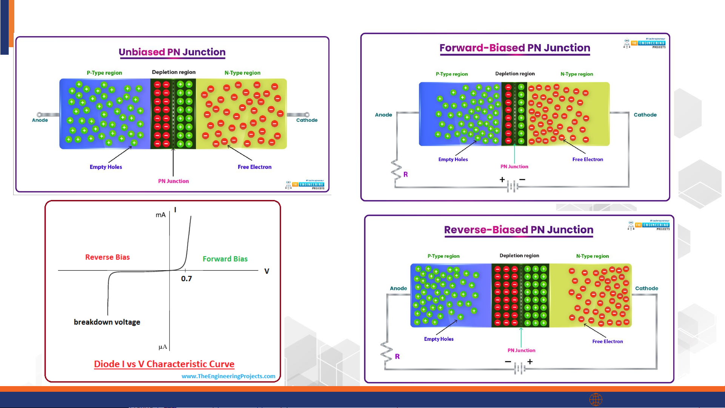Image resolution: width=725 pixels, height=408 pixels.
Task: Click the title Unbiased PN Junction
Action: [x=172, y=52]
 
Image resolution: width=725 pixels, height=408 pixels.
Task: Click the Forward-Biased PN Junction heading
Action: [x=515, y=48]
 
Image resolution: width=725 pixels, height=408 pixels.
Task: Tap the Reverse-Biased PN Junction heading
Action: [x=519, y=230]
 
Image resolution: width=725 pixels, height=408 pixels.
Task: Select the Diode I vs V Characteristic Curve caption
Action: [x=164, y=364]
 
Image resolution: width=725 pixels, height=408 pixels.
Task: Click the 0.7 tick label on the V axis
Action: [x=186, y=279]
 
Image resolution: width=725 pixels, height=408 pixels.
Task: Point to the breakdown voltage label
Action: [x=107, y=322]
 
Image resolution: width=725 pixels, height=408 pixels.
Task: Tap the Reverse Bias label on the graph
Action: [x=107, y=257]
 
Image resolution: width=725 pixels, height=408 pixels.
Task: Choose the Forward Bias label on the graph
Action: [x=225, y=259]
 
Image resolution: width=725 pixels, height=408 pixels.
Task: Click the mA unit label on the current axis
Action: [x=161, y=215]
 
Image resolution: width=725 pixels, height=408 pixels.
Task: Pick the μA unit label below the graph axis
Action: [x=163, y=347]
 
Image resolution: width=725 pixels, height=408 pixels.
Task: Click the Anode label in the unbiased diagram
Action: [x=40, y=120]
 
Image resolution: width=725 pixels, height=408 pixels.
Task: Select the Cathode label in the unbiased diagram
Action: [x=307, y=120]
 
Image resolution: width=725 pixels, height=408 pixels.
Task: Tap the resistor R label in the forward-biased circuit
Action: [x=406, y=174]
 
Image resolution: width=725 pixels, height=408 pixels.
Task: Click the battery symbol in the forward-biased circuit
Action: [x=513, y=186]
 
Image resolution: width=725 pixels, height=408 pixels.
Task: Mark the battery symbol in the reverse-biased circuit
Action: [x=520, y=368]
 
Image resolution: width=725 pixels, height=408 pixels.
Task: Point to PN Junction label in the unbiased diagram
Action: [x=174, y=181]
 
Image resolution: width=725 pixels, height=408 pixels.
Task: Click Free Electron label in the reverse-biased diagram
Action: [x=608, y=342]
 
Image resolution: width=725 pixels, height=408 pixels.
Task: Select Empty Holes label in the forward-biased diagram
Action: [x=453, y=160]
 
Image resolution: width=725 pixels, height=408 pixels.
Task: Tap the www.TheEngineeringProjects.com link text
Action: [x=228, y=376]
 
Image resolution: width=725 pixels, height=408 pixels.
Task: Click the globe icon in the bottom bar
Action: [x=596, y=399]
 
